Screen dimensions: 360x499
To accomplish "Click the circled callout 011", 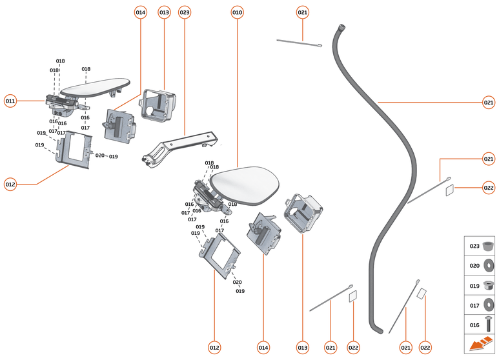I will click(10, 101).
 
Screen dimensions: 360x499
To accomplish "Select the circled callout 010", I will click(237, 12).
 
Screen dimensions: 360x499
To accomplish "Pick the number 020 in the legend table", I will click(474, 265).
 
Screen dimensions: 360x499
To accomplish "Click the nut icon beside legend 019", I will click(488, 284).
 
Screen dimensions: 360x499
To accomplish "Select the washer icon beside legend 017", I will click(488, 304).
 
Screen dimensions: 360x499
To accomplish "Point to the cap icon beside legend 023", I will click(488, 246).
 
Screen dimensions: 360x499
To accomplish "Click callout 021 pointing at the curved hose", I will click(489, 102).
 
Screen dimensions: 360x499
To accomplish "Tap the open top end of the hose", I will click(342, 26).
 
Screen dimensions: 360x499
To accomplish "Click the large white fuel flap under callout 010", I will click(247, 183).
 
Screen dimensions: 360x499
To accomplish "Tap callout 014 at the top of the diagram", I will click(141, 12).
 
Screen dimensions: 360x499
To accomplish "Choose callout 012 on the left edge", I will click(10, 185).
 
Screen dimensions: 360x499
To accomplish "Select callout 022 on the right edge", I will click(489, 188).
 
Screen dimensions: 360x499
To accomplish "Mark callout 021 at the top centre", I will click(303, 12).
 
